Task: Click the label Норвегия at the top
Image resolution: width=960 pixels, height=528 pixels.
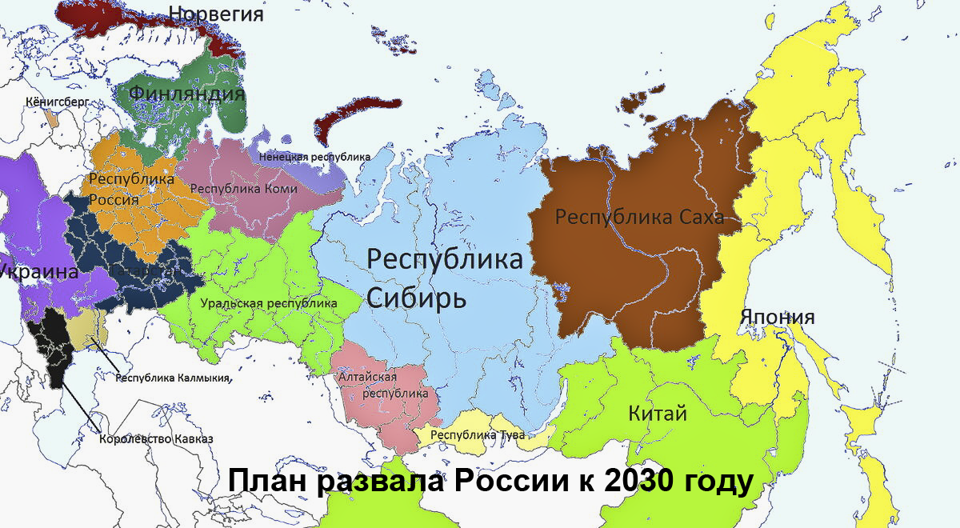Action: point(217,14)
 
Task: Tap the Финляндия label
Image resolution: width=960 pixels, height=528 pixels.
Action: point(186,94)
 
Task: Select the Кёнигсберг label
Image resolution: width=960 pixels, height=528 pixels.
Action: point(57,102)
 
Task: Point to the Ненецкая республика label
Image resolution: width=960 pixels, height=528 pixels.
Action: point(314,157)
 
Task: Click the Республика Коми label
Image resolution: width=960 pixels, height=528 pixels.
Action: point(244,189)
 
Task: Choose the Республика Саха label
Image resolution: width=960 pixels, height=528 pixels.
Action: point(640,217)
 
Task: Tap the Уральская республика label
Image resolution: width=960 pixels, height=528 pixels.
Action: point(269,304)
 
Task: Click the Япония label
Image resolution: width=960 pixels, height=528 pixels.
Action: point(777,318)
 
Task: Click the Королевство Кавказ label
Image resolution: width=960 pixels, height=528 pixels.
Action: point(156,438)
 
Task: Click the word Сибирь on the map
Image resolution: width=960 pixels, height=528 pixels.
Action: point(415,297)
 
